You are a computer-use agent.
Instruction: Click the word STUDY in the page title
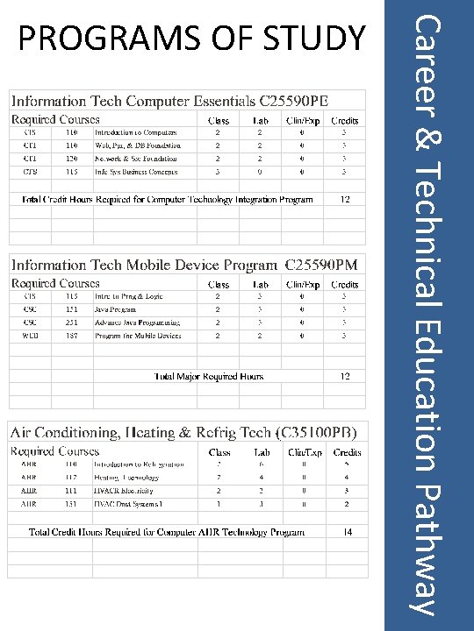[319, 38]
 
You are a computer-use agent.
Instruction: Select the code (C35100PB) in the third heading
[316, 432]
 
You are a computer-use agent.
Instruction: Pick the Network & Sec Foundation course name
[136, 159]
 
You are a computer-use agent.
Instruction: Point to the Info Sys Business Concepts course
[136, 172]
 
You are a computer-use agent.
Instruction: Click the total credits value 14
[348, 531]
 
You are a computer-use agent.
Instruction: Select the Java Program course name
[116, 309]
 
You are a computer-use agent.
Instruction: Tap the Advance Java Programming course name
[138, 323]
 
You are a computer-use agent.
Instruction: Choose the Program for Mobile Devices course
[138, 336]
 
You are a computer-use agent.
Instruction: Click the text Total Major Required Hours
[209, 377]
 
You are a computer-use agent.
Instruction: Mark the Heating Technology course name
[126, 478]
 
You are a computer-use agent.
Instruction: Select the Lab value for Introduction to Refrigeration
[261, 464]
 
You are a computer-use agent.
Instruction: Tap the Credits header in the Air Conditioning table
[347, 452]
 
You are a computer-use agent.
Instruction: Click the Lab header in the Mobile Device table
[261, 285]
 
